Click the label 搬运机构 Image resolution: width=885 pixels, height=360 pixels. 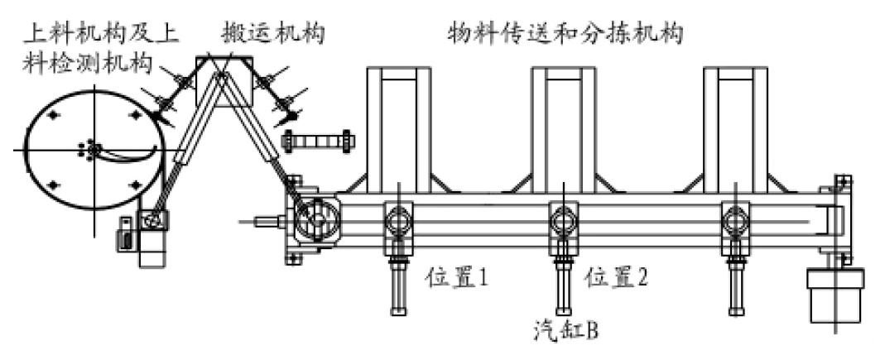coord(272,33)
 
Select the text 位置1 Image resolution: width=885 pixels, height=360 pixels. coord(457,277)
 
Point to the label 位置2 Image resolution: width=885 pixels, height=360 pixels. coord(617,277)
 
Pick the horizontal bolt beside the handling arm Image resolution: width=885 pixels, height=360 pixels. coord(318,140)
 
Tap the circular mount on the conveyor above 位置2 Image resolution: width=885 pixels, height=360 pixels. coord(563,220)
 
